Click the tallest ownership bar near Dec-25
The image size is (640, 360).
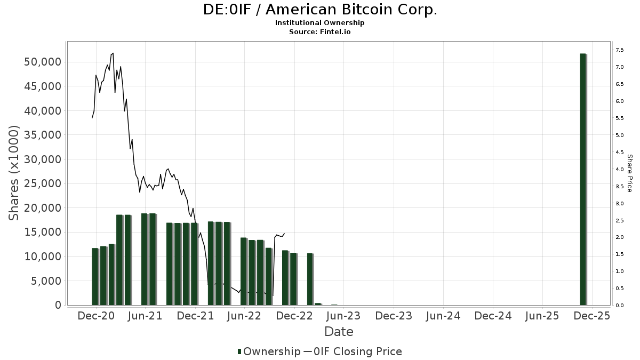pos(583,179)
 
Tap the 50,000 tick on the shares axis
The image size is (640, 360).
pos(43,62)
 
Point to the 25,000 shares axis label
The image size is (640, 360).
pos(43,184)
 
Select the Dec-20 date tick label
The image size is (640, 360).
pos(96,316)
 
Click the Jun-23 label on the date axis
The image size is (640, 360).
pos(343,316)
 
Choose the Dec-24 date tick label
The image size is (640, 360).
pos(493,316)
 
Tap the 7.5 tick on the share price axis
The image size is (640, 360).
pos(619,50)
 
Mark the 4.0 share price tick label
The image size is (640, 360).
pos(619,170)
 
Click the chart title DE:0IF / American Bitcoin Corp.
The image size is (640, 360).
pos(320,10)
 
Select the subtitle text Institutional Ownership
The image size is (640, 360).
pos(320,23)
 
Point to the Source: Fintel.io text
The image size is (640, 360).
pos(320,32)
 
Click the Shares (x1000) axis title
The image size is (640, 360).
pos(14,173)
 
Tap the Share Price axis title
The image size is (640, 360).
pos(630,173)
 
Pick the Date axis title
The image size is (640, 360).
pos(339,332)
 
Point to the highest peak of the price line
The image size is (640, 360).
pos(113,53)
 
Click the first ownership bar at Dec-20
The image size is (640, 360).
pos(95,276)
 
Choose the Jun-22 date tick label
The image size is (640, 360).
pos(244,316)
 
